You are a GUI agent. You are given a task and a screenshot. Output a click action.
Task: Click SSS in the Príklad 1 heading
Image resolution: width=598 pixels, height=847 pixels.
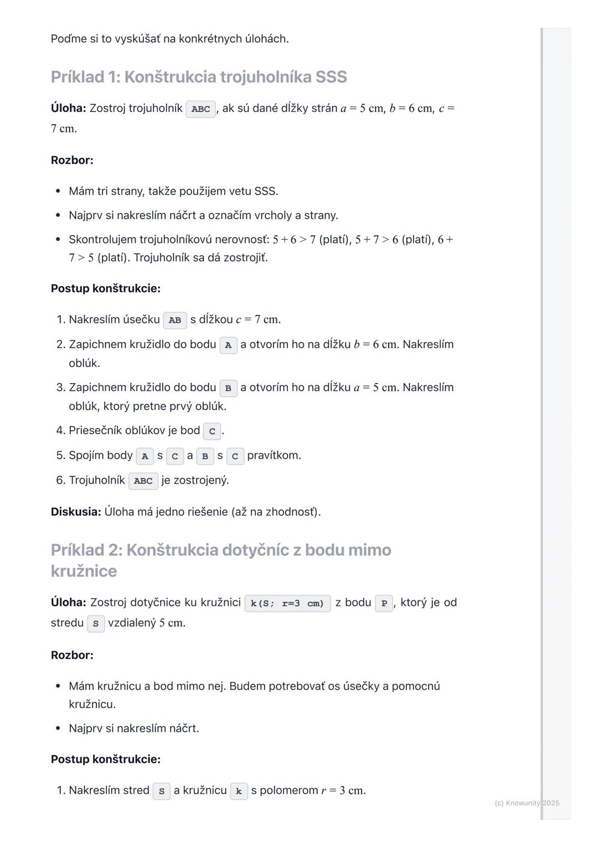coord(331,77)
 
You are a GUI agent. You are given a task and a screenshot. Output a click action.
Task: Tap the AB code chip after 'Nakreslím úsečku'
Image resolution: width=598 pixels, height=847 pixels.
coord(175,320)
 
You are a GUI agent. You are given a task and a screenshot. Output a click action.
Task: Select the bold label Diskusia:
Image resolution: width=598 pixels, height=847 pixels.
coord(76,512)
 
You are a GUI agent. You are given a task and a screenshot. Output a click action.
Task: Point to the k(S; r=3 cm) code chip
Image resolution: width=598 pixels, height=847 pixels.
coord(287,603)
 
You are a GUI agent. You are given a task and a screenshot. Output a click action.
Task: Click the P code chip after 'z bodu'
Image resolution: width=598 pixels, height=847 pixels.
coord(384,603)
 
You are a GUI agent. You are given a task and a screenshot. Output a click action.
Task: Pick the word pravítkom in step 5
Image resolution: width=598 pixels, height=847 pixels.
coord(274,456)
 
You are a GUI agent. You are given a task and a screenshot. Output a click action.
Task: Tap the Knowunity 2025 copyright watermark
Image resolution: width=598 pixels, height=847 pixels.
coord(527,803)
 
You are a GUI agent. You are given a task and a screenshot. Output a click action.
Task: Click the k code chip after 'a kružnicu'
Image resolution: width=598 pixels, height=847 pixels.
coord(239,791)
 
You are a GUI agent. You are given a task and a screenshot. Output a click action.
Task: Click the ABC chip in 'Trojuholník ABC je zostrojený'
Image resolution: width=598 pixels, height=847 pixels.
coord(143,481)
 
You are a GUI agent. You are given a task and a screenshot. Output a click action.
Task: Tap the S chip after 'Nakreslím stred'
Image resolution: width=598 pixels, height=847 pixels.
coord(161,791)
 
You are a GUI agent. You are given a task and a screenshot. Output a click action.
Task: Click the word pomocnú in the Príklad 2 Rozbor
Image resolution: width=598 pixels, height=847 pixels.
coord(416,686)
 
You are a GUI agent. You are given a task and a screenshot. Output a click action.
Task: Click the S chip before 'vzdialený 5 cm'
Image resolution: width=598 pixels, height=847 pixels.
coord(96,624)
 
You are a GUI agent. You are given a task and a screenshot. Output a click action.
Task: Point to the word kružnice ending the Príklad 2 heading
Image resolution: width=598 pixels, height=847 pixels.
coord(84,571)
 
